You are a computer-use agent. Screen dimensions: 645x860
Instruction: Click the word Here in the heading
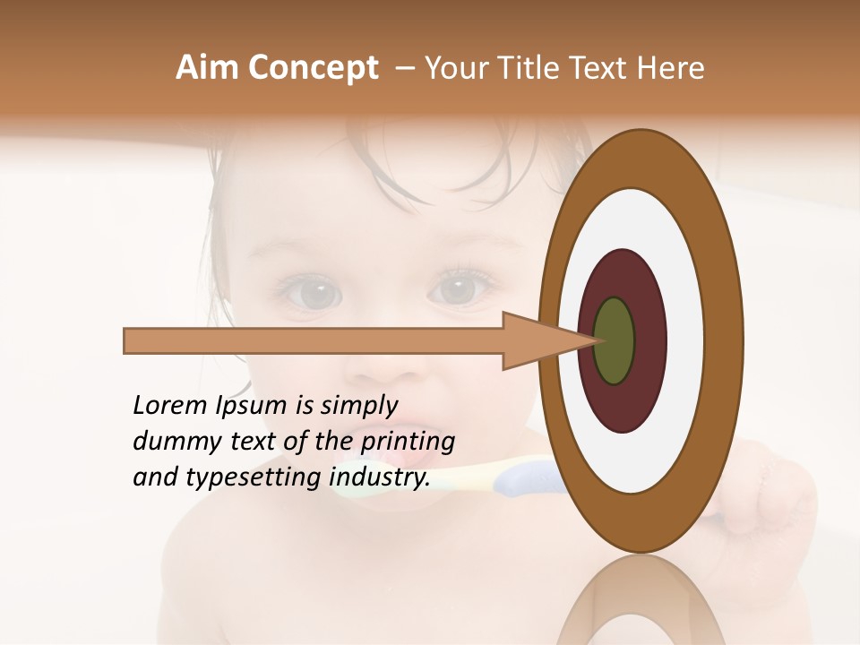click(671, 68)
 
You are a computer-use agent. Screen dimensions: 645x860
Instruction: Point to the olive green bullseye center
click(614, 341)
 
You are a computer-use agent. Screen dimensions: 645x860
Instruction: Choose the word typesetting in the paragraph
click(254, 478)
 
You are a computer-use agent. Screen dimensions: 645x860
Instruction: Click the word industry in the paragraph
click(380, 477)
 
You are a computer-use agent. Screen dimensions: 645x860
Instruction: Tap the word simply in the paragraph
click(358, 407)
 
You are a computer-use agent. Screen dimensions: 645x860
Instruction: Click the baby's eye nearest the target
click(456, 288)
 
